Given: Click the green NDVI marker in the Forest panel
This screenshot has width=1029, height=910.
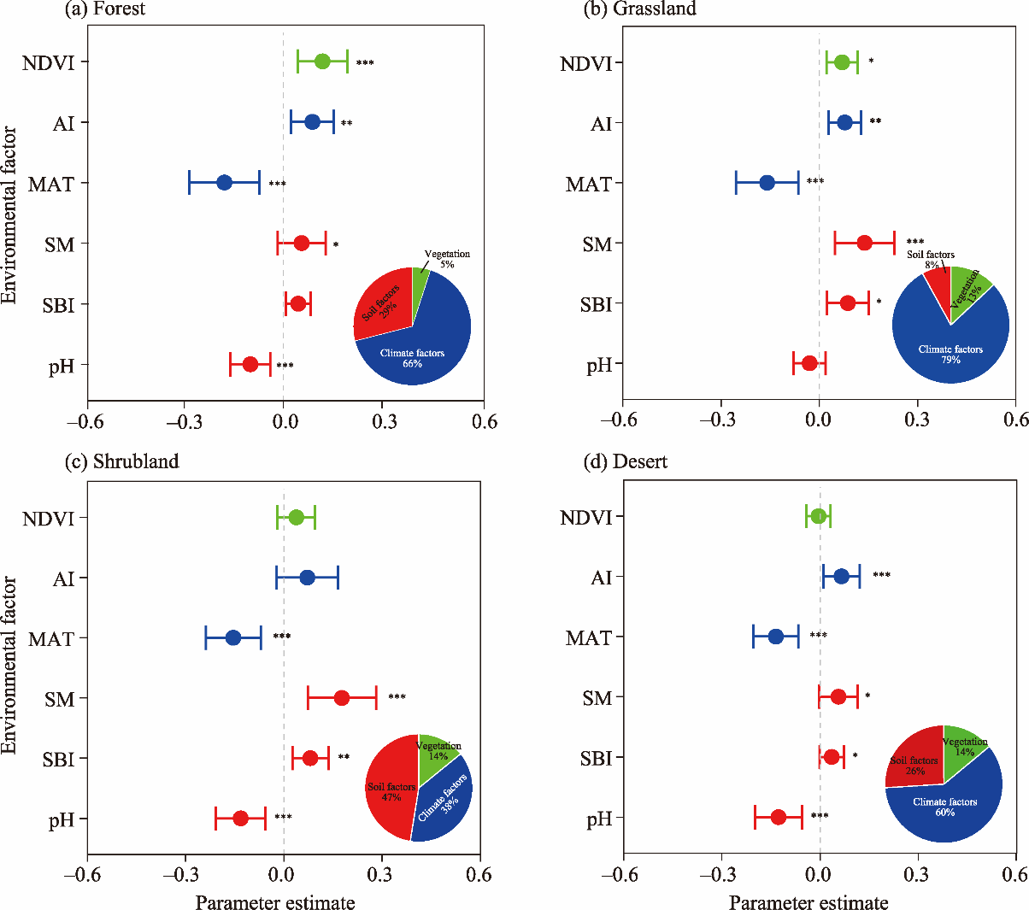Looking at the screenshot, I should pos(322,62).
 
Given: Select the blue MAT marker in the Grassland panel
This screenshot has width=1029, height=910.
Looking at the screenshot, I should pos(767,183).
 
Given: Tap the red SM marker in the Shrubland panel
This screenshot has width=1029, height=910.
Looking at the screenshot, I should pos(342,698).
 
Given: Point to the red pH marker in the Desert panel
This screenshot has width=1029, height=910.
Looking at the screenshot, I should pos(779,817).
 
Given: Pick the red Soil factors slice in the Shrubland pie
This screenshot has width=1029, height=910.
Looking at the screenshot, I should pos(389,790).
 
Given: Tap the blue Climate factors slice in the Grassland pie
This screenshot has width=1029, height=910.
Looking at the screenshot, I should pos(949,350).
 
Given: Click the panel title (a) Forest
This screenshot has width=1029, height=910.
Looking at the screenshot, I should pos(105,9).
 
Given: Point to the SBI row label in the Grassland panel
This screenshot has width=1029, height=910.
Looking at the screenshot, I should pos(597,305).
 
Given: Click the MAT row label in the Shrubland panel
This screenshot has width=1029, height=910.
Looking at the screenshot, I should pos(51,639).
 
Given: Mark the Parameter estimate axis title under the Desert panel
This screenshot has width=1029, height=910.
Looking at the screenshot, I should pos(808,903).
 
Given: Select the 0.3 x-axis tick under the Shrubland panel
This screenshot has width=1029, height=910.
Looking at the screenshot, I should pos(380,875).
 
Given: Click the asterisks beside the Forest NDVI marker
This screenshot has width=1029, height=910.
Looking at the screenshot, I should pos(365,63).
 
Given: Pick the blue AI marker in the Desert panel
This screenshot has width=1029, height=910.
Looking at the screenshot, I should pos(841,577).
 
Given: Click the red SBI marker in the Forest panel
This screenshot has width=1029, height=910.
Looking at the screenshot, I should pos(297,303).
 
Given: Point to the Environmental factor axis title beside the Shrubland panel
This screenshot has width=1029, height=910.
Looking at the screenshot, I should pos(9,665).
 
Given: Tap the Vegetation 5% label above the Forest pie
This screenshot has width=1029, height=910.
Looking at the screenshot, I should pos(447,259).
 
